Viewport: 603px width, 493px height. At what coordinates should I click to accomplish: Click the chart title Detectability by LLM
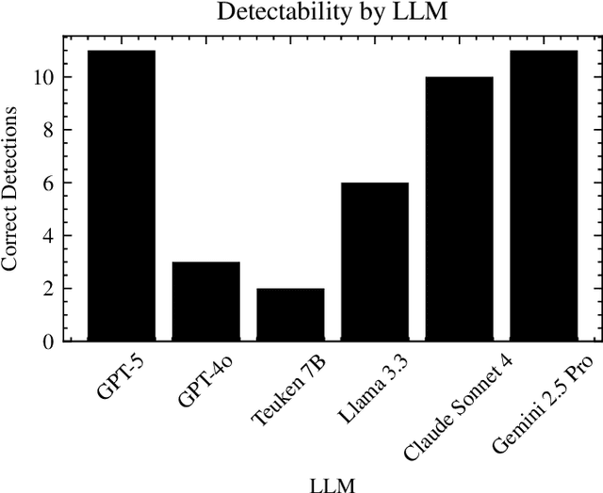[333, 12]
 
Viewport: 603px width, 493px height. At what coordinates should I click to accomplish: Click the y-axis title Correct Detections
[10, 188]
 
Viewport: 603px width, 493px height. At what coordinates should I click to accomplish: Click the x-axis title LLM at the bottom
[333, 484]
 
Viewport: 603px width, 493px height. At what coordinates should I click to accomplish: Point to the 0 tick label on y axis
[47, 342]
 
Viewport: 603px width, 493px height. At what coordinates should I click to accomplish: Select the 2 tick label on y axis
[47, 289]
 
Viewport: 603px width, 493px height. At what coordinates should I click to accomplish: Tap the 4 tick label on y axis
[47, 235]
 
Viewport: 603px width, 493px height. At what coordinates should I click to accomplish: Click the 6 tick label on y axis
[47, 183]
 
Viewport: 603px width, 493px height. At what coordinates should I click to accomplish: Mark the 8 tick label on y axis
[47, 130]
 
